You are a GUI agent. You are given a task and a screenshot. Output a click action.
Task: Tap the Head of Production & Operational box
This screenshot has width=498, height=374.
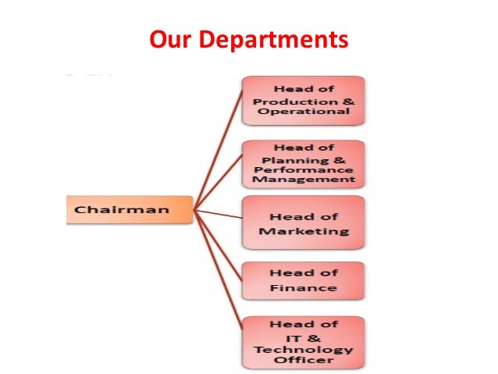pyautogui.click(x=304, y=100)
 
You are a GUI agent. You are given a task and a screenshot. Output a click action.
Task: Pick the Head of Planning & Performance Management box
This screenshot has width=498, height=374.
pyautogui.click(x=304, y=163)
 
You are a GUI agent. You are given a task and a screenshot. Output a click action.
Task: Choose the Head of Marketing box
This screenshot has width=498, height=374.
pyautogui.click(x=304, y=223)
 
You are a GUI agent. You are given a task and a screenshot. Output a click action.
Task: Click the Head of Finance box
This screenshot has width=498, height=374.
pyautogui.click(x=304, y=280)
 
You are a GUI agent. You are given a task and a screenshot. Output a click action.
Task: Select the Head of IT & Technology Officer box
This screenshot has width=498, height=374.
pyautogui.click(x=304, y=341)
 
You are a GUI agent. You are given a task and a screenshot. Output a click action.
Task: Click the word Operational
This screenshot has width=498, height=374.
pyautogui.click(x=304, y=112)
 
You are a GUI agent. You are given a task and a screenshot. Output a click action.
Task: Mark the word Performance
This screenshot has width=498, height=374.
pyautogui.click(x=304, y=170)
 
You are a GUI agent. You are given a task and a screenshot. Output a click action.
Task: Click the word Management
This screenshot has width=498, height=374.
pyautogui.click(x=304, y=180)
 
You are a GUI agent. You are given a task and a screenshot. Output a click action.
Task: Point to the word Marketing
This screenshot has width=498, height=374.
pyautogui.click(x=304, y=231)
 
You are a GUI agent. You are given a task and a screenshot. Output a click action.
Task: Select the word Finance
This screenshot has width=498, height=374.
pyautogui.click(x=304, y=288)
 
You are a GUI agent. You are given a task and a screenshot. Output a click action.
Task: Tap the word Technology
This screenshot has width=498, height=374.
pyautogui.click(x=304, y=349)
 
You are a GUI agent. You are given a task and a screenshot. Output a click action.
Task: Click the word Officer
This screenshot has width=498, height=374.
pyautogui.click(x=304, y=360)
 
